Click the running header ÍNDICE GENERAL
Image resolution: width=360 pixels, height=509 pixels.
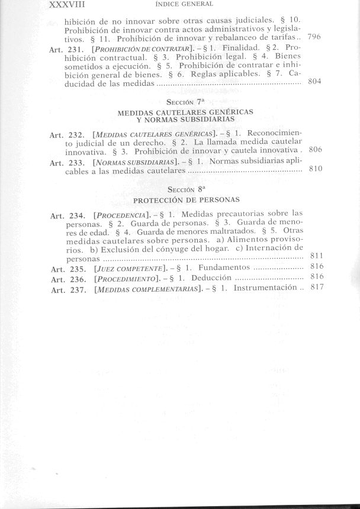(x=178, y=5)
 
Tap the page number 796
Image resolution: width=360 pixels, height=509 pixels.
(x=315, y=37)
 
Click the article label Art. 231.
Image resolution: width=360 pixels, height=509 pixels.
(x=67, y=50)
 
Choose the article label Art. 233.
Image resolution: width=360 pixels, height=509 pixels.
(x=67, y=162)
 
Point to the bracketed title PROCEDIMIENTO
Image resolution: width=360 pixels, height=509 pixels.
(x=125, y=279)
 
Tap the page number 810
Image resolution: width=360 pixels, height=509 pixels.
(x=315, y=169)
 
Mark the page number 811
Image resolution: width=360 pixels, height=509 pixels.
(x=315, y=256)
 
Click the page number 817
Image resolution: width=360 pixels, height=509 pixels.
(x=315, y=288)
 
